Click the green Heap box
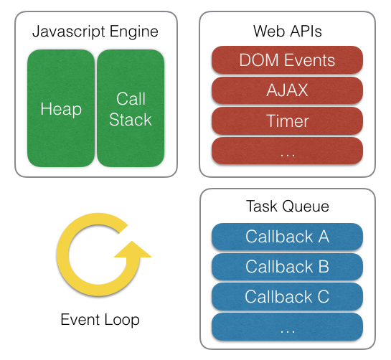(x=61, y=109)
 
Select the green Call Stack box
(x=130, y=109)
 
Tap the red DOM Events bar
(x=287, y=60)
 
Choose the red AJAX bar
(x=287, y=90)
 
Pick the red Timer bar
(x=287, y=120)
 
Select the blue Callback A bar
(x=287, y=237)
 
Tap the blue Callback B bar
(x=287, y=267)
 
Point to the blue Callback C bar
(x=287, y=296)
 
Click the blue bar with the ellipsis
(x=287, y=326)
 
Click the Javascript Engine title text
(x=95, y=32)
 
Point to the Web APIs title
(x=287, y=32)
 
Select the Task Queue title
(x=287, y=207)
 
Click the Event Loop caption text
(x=100, y=319)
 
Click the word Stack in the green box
(x=130, y=120)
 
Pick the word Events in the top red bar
(x=308, y=60)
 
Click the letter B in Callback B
(x=322, y=267)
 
